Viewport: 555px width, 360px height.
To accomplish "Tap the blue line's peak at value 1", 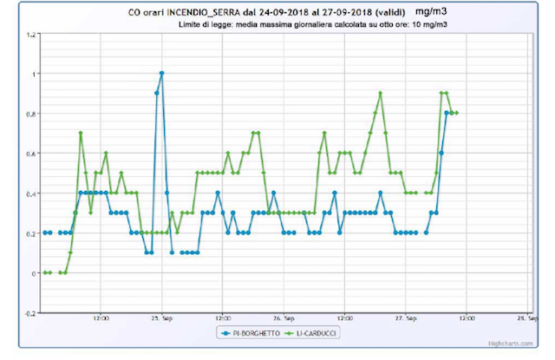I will (162, 74).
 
